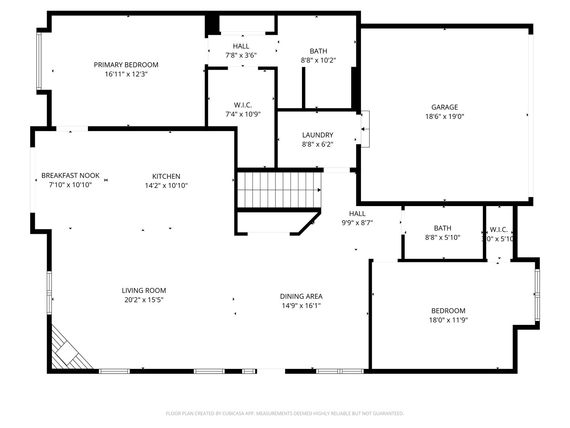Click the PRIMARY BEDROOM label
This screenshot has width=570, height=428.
click(126, 65)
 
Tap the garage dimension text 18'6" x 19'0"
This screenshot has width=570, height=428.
click(444, 117)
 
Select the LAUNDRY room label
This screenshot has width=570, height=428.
click(317, 135)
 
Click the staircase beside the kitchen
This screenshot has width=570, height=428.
click(279, 190)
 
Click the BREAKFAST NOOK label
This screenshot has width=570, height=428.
click(70, 176)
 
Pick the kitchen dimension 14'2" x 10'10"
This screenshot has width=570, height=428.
click(166, 185)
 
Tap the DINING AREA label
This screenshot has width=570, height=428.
click(301, 296)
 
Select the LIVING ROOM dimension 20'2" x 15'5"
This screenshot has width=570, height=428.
click(144, 300)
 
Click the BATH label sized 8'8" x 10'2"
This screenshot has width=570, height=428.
click(318, 51)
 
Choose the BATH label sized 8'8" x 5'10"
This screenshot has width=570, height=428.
click(443, 228)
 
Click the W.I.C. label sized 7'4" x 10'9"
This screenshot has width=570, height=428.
click(243, 105)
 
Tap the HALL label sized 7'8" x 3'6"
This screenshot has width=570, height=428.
click(241, 46)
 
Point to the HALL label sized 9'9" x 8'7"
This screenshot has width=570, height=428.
click(357, 214)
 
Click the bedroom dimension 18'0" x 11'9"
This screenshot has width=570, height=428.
click(448, 320)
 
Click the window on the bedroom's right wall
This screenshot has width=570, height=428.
click(537, 295)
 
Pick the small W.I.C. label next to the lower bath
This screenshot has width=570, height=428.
click(498, 230)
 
